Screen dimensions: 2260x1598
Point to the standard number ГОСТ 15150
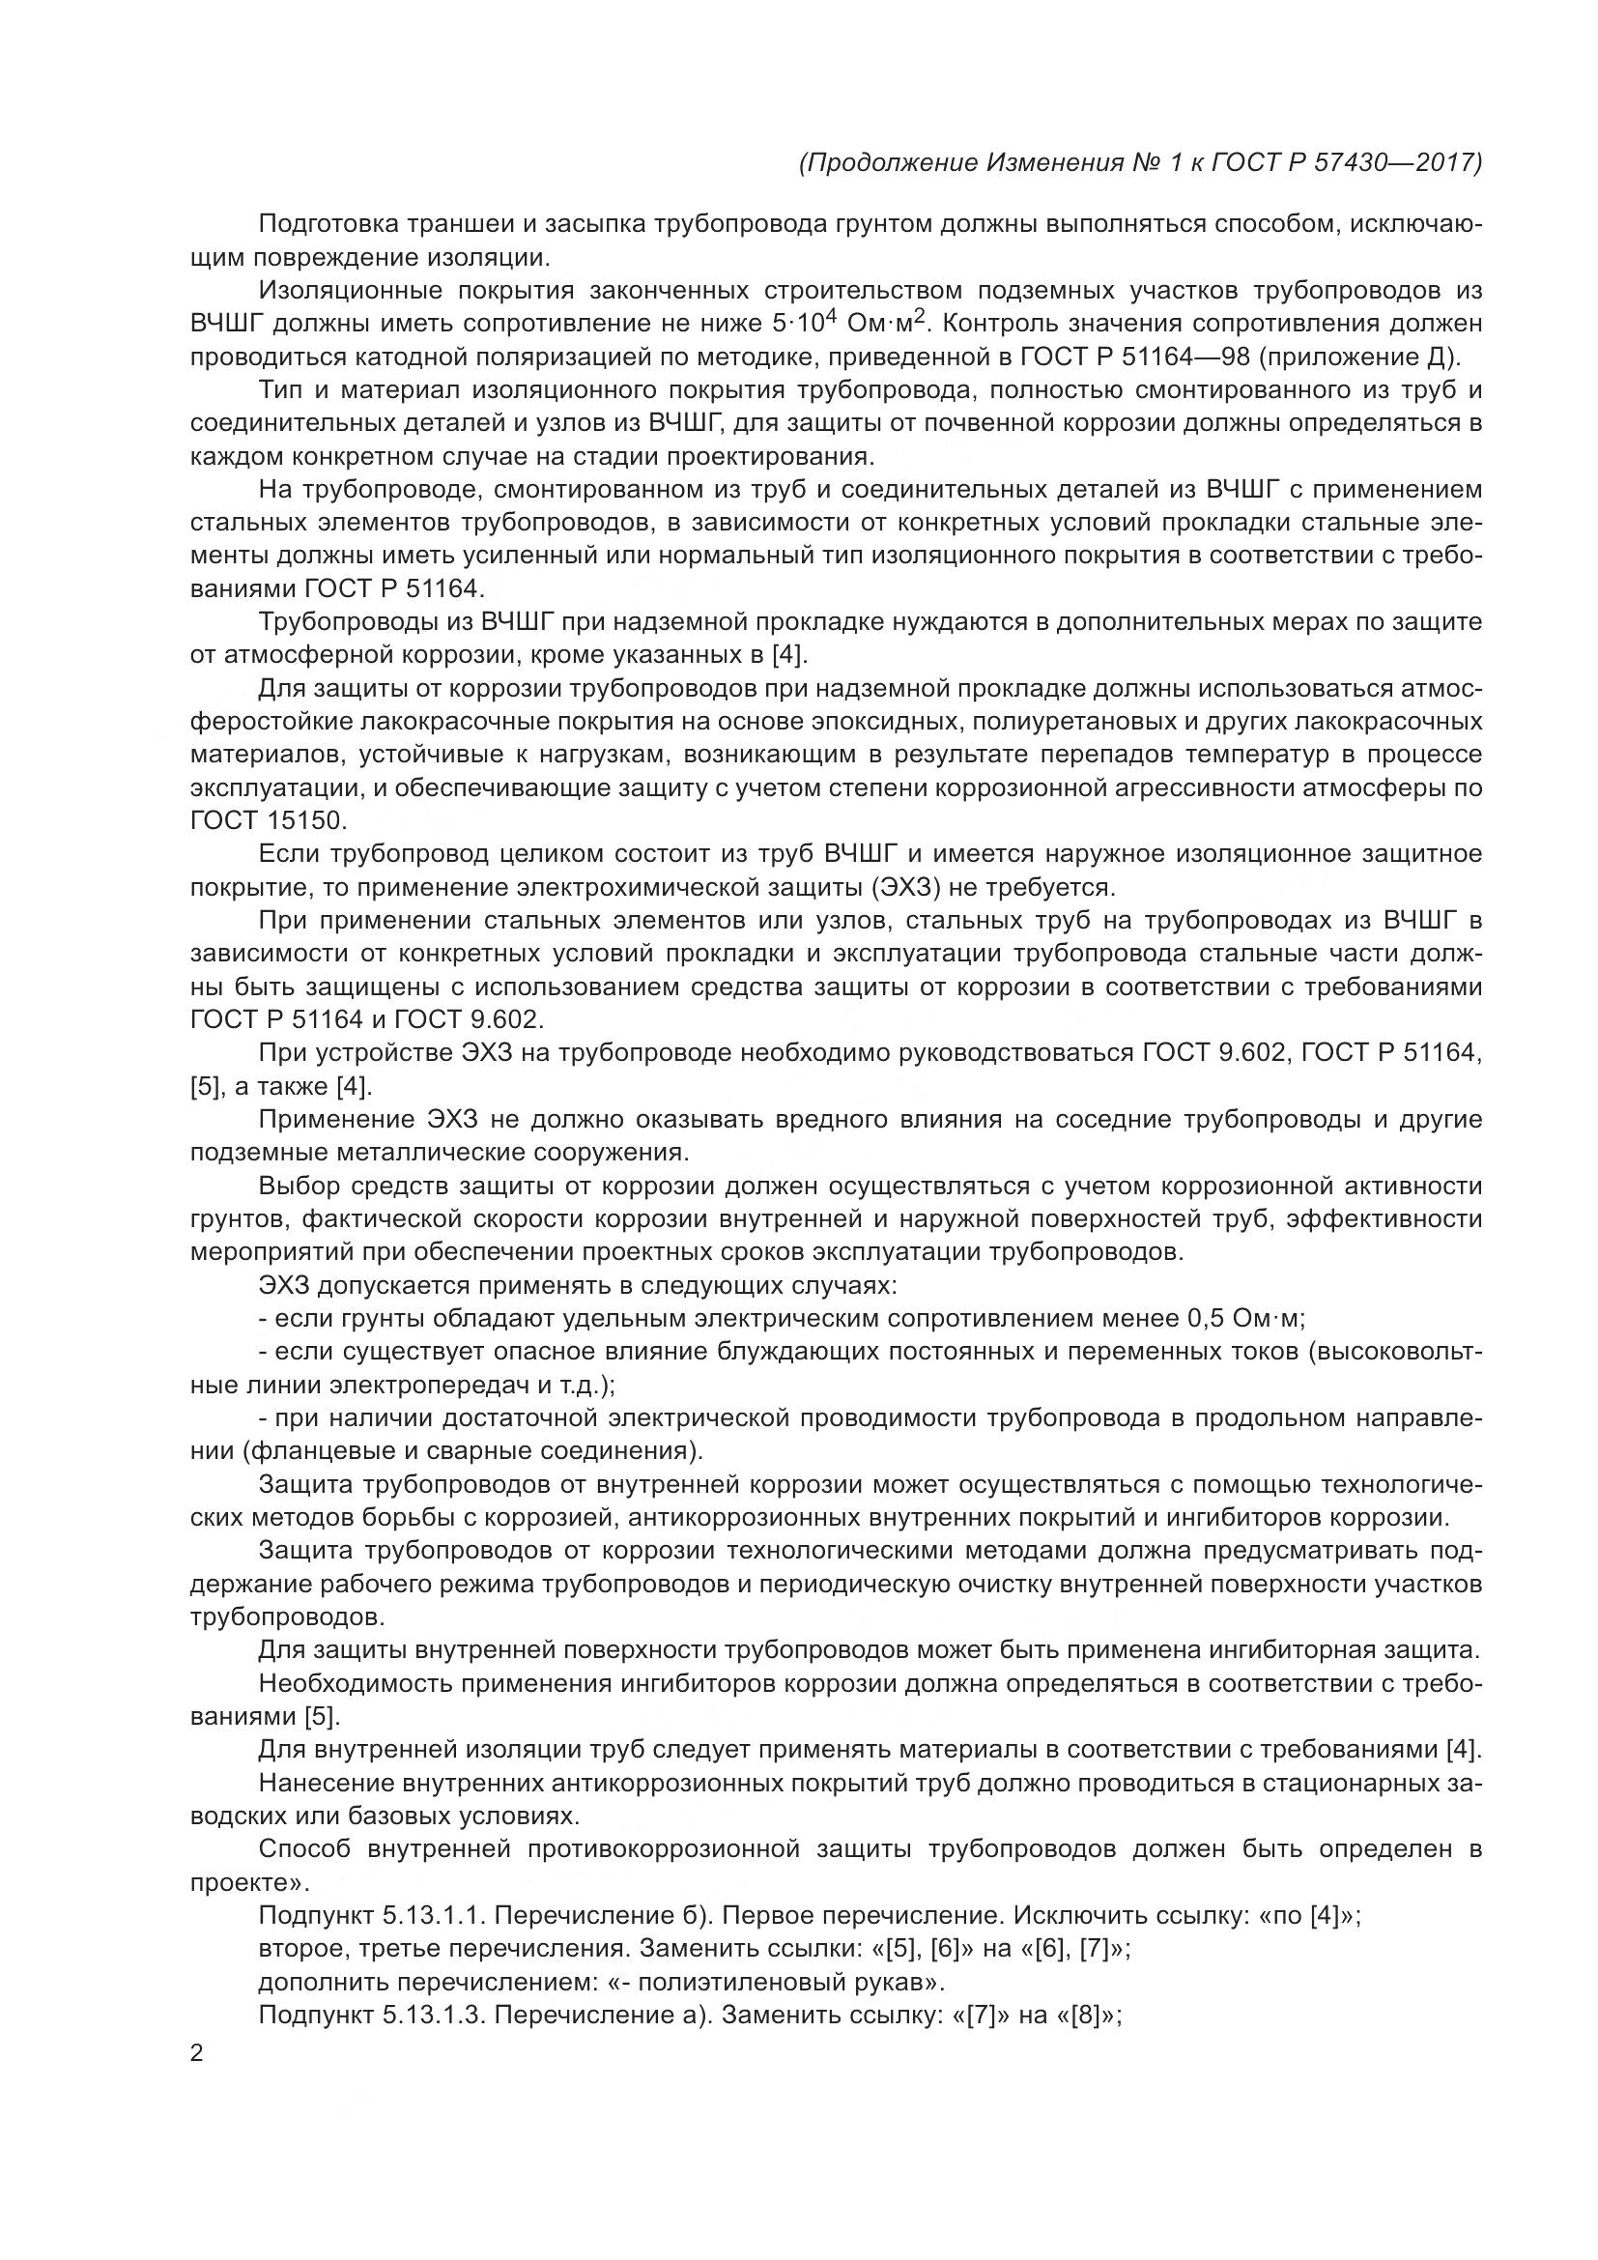click(x=268, y=821)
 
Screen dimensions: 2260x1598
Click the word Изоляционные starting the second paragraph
click(x=349, y=291)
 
